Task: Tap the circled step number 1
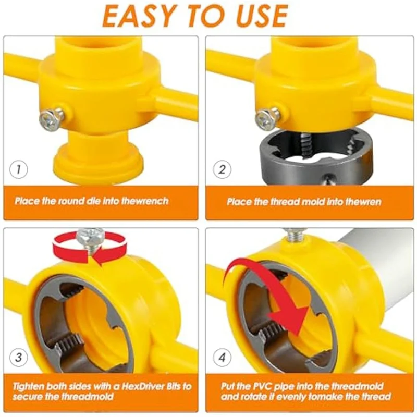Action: [19, 169]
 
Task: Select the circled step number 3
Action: [19, 358]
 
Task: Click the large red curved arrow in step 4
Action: [271, 292]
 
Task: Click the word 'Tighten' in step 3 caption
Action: [31, 386]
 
